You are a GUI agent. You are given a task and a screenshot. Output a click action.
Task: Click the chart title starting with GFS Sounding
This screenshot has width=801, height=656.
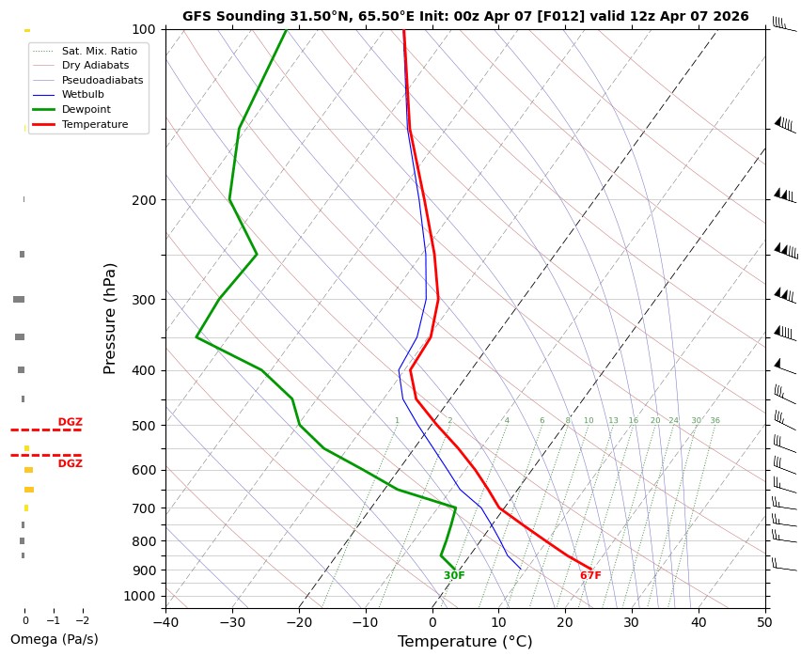point(465,16)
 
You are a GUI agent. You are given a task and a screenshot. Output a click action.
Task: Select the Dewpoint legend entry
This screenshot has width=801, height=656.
point(94,109)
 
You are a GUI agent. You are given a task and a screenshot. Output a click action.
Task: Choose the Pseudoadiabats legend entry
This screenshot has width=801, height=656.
point(102,80)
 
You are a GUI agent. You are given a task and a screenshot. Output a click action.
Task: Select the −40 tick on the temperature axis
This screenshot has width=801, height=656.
point(165,621)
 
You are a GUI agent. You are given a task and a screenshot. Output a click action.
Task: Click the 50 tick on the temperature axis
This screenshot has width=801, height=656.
point(765,621)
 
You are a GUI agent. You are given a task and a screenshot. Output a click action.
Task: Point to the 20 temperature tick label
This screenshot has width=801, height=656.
point(565,621)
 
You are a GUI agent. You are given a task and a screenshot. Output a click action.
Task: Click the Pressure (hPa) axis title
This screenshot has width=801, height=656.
point(110,319)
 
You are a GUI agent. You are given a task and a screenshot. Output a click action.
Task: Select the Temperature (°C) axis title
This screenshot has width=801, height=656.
point(465,642)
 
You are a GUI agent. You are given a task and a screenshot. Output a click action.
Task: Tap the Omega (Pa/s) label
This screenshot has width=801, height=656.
point(54,639)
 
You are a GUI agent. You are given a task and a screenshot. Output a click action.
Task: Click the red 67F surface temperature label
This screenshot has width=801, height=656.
point(590,576)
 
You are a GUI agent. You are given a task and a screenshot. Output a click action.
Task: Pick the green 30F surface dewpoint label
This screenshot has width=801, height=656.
point(454,576)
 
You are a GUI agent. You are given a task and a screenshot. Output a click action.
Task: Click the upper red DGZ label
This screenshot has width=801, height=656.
point(71,422)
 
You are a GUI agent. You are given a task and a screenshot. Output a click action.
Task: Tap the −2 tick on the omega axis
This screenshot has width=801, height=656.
point(82,621)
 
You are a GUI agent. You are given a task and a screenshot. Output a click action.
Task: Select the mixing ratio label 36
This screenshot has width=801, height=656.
point(715,421)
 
